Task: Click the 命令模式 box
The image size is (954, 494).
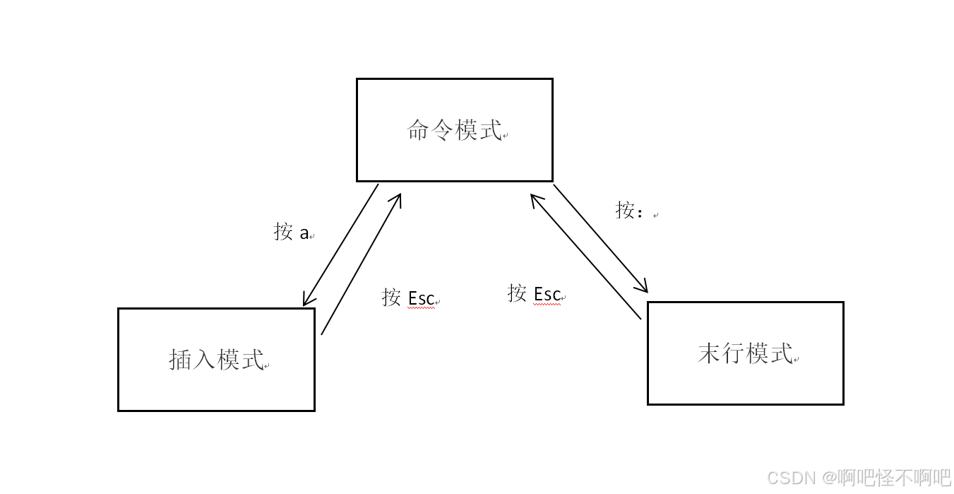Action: [x=454, y=130]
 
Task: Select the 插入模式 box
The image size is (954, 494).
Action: [x=216, y=359]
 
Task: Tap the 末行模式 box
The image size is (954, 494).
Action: [x=745, y=353]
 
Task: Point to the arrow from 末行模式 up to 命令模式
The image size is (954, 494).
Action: [x=585, y=257]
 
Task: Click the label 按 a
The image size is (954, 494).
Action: [x=292, y=232]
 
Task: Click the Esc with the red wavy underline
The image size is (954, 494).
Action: [x=547, y=293]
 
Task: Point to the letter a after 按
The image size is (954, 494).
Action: [x=304, y=233]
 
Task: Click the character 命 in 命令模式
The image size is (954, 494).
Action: [x=419, y=130]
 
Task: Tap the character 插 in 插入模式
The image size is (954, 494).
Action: [x=181, y=359]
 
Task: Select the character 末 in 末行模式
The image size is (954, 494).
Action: [x=709, y=353]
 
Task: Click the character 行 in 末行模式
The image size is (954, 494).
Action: [x=733, y=353]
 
